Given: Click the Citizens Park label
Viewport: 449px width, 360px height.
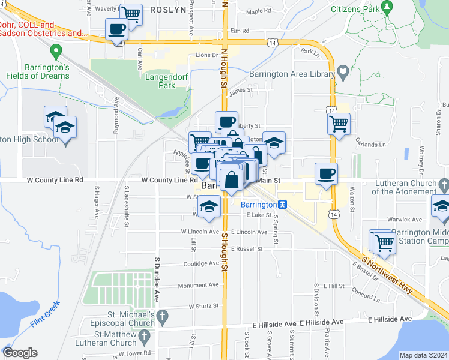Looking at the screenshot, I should coord(355,10).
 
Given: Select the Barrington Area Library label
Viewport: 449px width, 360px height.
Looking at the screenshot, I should coord(292,73).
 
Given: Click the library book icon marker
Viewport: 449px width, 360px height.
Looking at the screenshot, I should coord(343,73).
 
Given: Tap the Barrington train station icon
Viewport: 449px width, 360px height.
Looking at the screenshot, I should coord(282,204).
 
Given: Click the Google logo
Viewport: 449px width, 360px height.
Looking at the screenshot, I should coord(20,353).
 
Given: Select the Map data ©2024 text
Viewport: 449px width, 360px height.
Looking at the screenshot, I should coord(423,355).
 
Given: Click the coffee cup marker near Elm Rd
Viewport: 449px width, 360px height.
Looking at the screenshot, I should coord(116,29).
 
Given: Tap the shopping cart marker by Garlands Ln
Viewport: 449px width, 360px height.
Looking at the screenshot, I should coord(339,124).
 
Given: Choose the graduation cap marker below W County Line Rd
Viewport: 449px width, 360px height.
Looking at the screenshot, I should coord(209,207).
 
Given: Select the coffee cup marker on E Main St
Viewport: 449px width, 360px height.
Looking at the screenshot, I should coord(326,174).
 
